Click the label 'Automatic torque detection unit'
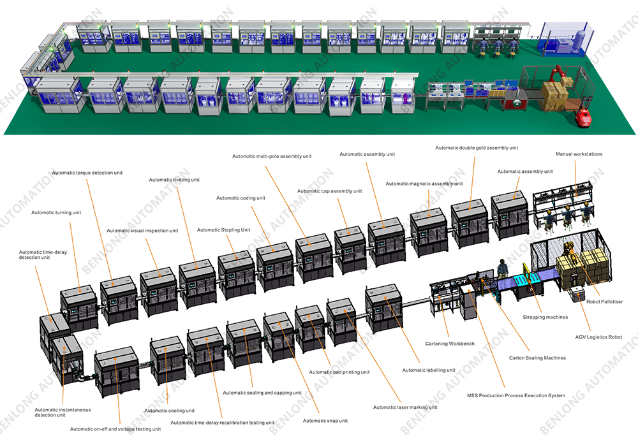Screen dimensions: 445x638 87,173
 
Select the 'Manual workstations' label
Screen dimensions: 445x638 579,154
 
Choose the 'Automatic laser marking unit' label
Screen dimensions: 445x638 405,407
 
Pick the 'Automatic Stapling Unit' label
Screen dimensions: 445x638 223,230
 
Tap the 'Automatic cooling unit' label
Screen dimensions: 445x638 169,411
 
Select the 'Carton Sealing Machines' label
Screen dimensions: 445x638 537,358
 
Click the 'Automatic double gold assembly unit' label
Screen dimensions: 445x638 477,148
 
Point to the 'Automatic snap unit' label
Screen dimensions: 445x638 325,421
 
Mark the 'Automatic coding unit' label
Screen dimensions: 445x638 241,198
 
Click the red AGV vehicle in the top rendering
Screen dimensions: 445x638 582,118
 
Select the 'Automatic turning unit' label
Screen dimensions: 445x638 56,212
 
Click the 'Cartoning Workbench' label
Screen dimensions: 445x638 450,344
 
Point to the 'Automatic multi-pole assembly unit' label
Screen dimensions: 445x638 272,156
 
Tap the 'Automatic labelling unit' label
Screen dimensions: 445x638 429,370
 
